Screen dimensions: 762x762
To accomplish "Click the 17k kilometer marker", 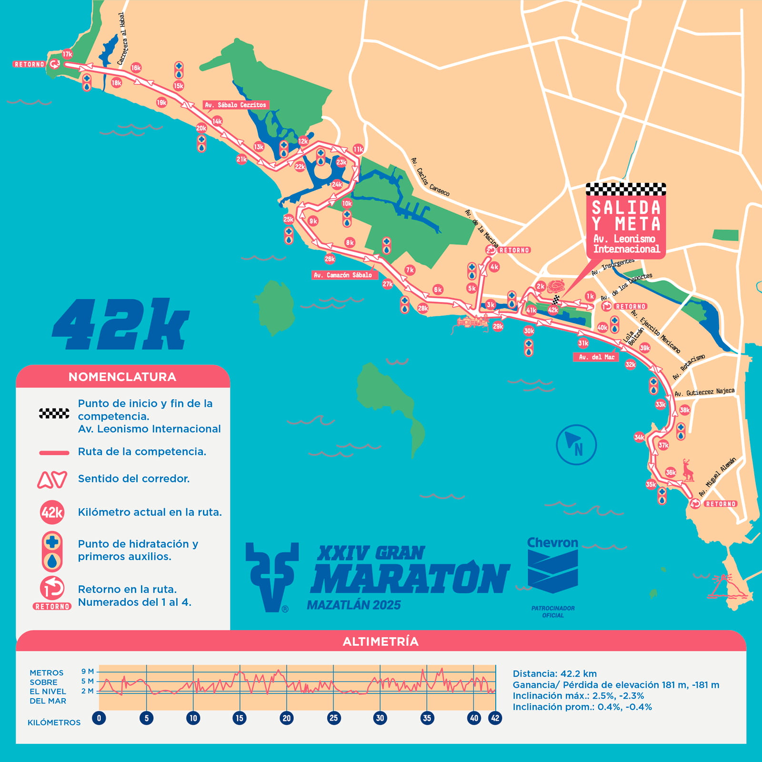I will [67, 54].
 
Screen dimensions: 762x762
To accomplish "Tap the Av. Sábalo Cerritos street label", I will [236, 105].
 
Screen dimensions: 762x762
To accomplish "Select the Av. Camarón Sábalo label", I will [343, 275].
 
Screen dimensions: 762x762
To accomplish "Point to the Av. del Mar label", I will [596, 357].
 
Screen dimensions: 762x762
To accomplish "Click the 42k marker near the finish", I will [553, 310].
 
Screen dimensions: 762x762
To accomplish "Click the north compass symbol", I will [576, 444].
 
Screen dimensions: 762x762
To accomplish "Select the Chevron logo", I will [552, 567].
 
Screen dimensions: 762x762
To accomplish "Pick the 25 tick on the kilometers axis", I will [334, 718].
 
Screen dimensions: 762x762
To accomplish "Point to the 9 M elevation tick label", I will [87, 671].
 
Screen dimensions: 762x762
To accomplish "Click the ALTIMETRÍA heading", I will [381, 641].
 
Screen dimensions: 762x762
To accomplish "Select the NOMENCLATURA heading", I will [122, 377].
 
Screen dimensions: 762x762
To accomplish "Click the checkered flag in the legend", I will [54, 413].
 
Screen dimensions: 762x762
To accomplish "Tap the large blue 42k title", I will [121, 325].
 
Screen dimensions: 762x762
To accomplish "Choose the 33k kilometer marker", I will [660, 404].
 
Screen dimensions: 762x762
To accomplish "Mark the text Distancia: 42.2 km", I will [554, 673].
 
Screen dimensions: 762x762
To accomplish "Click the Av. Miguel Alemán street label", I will [717, 477].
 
